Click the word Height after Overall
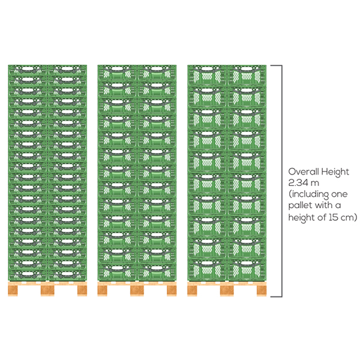(x=335, y=172)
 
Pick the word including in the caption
(x=309, y=194)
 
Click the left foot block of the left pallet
(x=13, y=290)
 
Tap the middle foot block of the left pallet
(x=47, y=290)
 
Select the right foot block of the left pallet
(x=82, y=290)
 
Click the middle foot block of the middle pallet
(x=137, y=290)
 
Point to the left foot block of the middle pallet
(x=103, y=290)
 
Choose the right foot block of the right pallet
(x=262, y=290)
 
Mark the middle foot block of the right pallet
(x=227, y=290)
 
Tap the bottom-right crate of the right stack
(x=247, y=269)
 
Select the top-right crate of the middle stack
(x=157, y=73)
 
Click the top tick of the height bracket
(x=276, y=65)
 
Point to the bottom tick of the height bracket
(x=276, y=296)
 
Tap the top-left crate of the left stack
(x=28, y=70)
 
